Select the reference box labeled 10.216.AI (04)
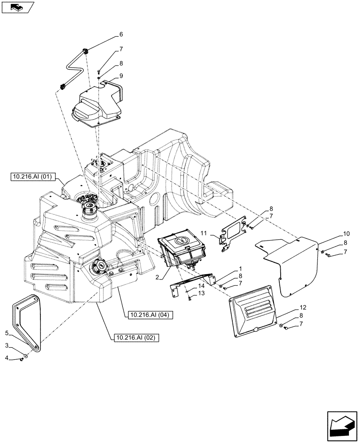(x=149, y=315)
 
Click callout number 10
(x=346, y=233)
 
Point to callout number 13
(x=201, y=293)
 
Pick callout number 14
(x=201, y=286)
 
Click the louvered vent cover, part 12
(x=252, y=314)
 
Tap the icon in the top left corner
(x=17, y=7)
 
